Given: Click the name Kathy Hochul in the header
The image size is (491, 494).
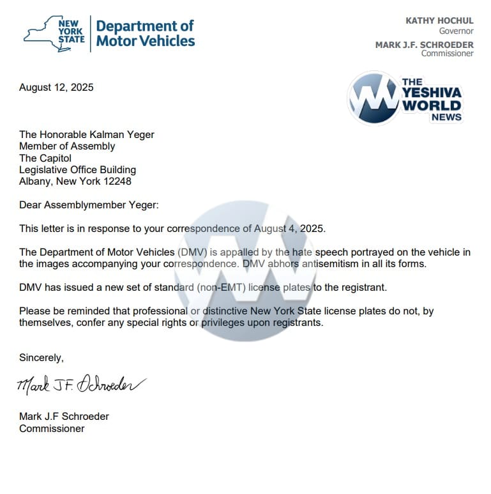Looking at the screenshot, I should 439,21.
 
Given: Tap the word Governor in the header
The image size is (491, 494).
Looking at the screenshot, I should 456,31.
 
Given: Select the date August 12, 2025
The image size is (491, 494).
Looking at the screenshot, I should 56,88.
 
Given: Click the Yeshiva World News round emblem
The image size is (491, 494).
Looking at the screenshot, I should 374,98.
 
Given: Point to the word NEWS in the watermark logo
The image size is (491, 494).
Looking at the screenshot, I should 446,118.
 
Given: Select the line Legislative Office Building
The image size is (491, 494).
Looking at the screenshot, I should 77,170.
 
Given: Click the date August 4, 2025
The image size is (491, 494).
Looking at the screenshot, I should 289,229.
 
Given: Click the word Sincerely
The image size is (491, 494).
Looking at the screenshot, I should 42,358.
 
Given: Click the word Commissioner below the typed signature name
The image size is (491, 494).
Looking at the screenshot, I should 52,429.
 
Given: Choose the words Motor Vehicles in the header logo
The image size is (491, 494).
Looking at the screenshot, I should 146,42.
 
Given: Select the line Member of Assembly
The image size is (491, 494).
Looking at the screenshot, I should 67,146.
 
